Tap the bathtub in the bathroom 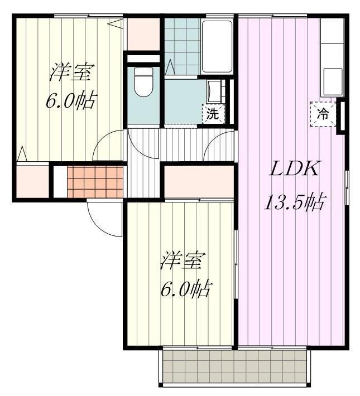coord(217,47)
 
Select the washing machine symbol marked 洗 coord(213,114)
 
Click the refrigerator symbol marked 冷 coord(323,114)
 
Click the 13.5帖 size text coord(294,202)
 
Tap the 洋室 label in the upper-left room coord(71,72)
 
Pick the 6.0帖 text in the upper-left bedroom coord(70,102)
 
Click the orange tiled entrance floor coord(94,181)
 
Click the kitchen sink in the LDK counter coord(332,81)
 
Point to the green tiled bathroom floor coord(182,47)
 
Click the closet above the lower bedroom coord(199,182)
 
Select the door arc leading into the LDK coord(220,145)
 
